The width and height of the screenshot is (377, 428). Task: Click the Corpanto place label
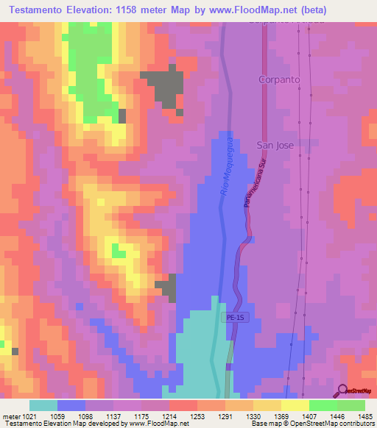pyautogui.click(x=276, y=77)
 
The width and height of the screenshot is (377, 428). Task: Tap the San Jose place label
pyautogui.click(x=275, y=145)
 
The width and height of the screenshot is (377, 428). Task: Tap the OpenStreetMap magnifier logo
pyautogui.click(x=342, y=390)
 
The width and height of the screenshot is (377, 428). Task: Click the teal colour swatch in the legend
pyautogui.click(x=43, y=405)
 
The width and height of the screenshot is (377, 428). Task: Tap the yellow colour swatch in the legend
pyautogui.click(x=295, y=405)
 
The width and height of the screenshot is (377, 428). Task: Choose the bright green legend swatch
pyautogui.click(x=323, y=405)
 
